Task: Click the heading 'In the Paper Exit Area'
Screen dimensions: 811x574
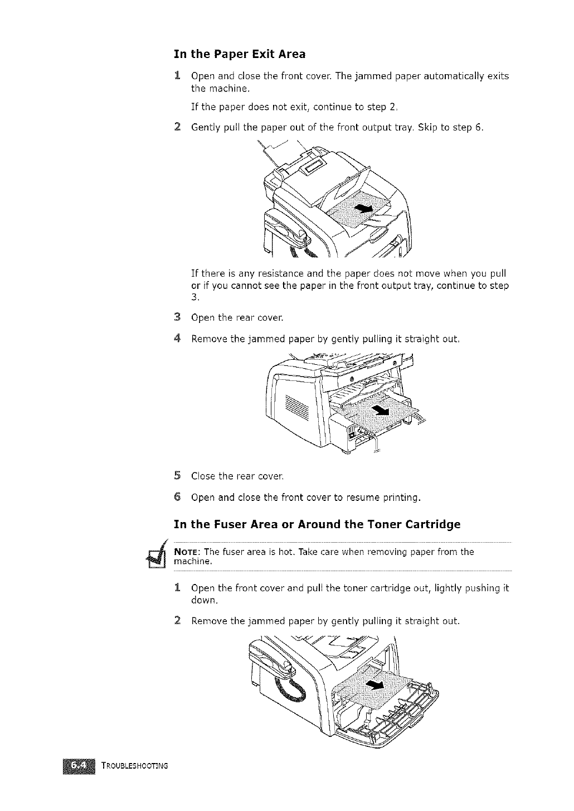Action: click(240, 54)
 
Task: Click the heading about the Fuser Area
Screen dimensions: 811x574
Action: click(317, 525)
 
